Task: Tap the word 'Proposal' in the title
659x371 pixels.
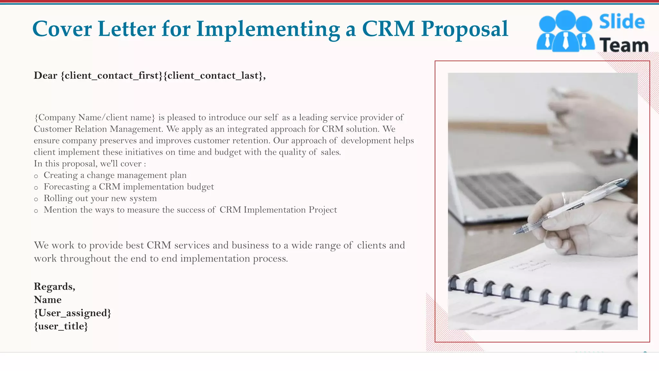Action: (465, 29)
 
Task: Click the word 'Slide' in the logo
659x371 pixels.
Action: (622, 22)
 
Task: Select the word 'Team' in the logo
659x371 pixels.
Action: (624, 45)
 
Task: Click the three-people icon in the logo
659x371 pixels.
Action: (565, 31)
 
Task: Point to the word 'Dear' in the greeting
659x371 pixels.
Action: (45, 75)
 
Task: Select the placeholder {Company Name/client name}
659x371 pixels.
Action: (95, 117)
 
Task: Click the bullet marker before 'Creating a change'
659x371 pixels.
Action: (36, 176)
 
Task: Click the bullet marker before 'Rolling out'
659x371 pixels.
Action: (36, 199)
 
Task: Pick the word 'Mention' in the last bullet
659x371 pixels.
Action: (60, 210)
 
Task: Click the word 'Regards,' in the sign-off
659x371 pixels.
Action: (54, 286)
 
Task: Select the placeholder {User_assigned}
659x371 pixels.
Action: (72, 313)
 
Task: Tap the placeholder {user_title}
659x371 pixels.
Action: (61, 326)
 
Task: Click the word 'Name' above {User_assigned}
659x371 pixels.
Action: (48, 300)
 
